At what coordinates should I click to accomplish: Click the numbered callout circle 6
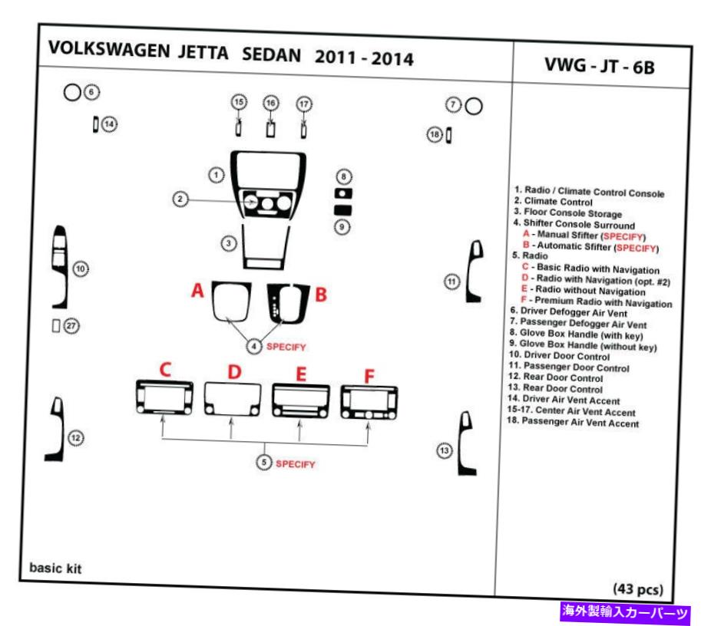point(91,92)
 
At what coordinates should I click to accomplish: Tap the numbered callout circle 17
point(304,104)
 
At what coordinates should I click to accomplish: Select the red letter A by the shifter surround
point(197,290)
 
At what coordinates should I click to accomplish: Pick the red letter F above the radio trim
point(369,376)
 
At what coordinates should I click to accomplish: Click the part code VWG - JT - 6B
point(600,66)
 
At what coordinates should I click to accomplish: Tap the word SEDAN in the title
point(271,54)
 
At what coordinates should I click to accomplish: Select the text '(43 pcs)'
point(637,588)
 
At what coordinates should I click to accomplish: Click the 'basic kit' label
point(55,568)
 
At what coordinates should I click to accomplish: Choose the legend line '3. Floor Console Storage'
point(567,213)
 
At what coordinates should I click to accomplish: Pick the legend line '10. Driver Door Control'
point(559,356)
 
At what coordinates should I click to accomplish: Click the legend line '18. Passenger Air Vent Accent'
point(573,422)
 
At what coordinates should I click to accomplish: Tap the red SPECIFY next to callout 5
point(295,464)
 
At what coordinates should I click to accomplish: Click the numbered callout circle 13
point(445,450)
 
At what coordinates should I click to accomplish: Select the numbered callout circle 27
point(71,326)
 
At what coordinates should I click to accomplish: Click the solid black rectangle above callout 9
point(342,209)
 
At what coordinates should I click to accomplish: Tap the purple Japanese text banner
point(625,612)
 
